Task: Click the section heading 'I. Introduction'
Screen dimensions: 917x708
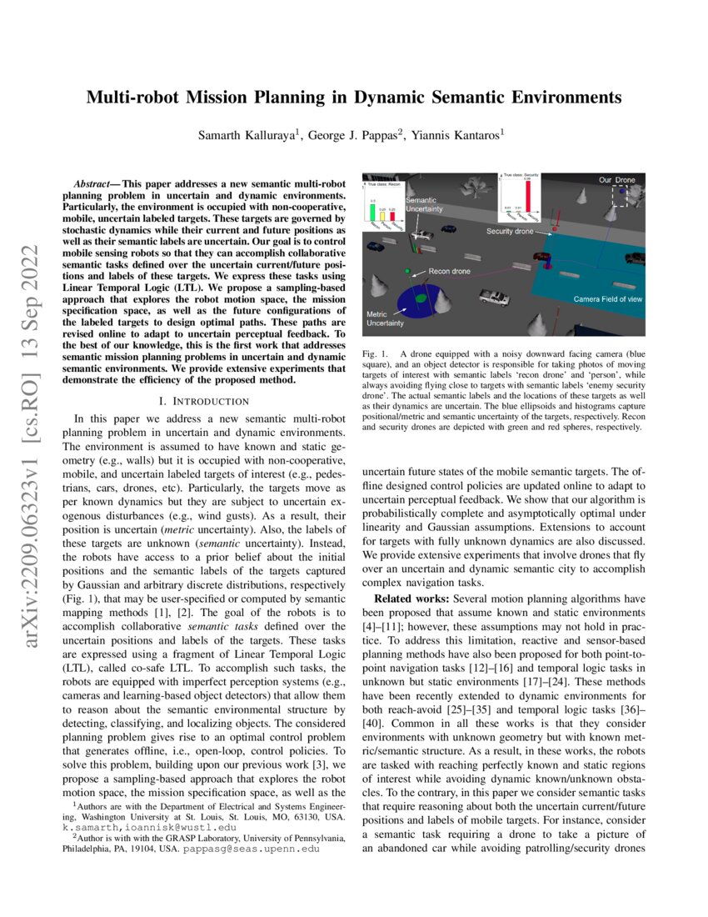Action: click(x=203, y=402)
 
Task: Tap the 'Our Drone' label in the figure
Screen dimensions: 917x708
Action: click(x=617, y=179)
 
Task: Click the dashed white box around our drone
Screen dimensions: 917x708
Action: click(x=621, y=195)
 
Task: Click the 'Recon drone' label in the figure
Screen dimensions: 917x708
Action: click(x=449, y=272)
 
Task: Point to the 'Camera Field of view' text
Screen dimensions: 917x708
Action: click(x=607, y=298)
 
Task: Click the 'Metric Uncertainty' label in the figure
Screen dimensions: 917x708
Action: click(x=384, y=318)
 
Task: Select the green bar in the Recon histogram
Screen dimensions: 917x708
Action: click(x=372, y=212)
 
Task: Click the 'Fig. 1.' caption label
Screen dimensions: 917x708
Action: click(x=371, y=355)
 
